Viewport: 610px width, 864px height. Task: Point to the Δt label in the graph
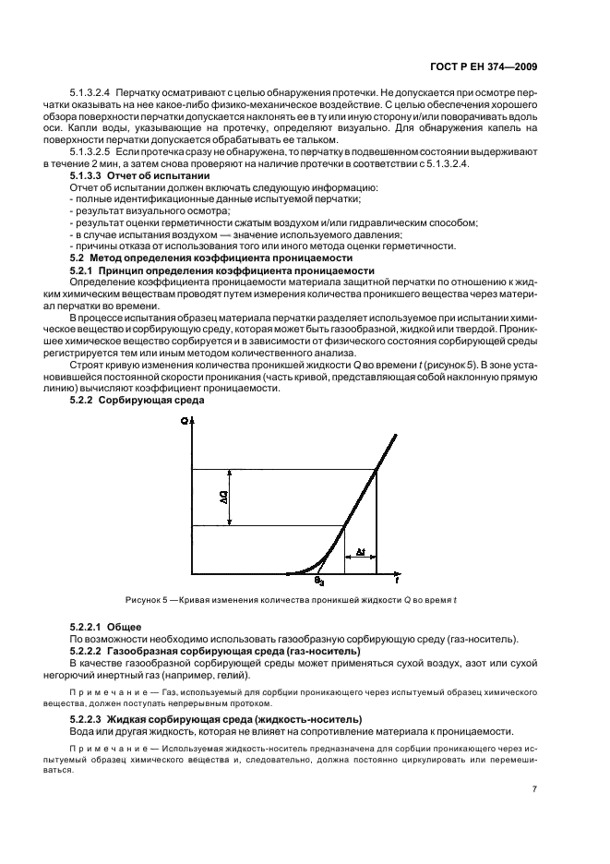coord(360,553)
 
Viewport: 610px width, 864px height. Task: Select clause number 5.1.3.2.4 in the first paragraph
coord(90,93)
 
